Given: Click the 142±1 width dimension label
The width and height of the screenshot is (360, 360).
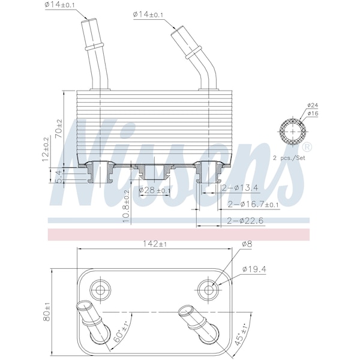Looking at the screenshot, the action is (155, 244).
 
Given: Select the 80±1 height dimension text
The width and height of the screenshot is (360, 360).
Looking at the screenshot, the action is (47, 312).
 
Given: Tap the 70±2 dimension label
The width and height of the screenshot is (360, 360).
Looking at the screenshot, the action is (59, 128).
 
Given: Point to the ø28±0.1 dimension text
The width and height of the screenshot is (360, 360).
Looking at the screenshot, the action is (155, 190).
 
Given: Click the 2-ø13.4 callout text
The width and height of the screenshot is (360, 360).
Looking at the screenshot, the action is (240, 188).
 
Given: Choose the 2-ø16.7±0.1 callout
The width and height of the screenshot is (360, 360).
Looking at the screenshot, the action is (253, 205).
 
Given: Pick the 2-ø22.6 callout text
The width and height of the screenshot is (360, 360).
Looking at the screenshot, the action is (245, 221).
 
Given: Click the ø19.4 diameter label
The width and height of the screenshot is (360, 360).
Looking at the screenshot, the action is (254, 269).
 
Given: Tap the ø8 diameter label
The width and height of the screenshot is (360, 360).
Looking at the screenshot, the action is (247, 244).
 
